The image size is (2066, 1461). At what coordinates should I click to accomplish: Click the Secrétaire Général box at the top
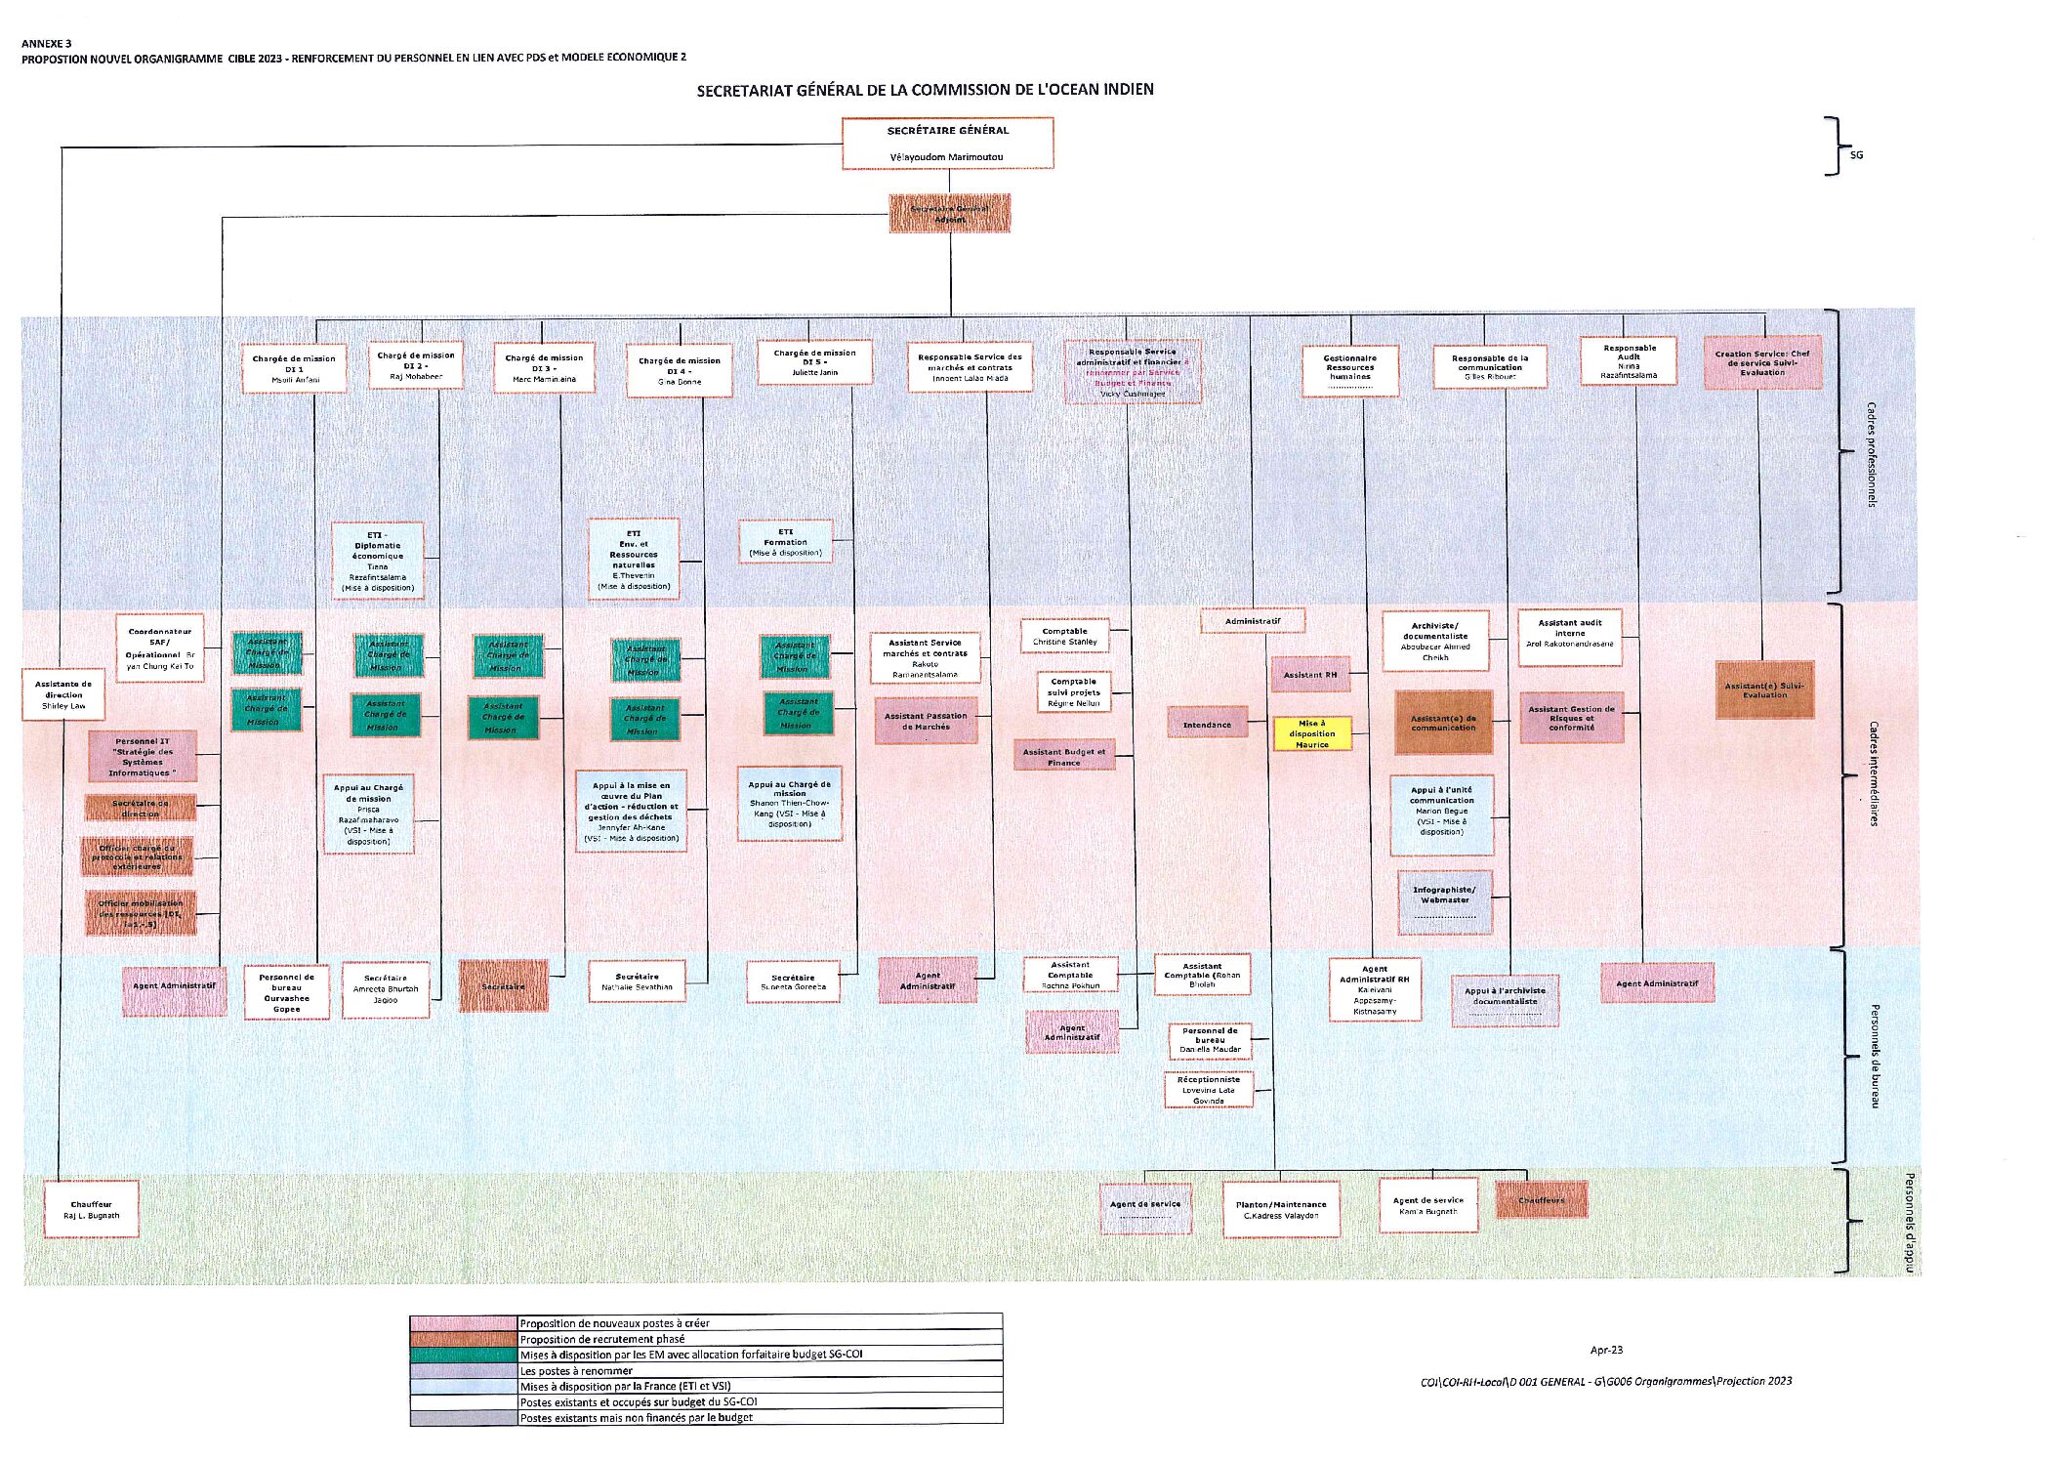coord(947,143)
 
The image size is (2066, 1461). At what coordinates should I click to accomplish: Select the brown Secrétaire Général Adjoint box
coord(949,213)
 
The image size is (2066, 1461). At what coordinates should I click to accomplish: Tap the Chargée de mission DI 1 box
coord(294,369)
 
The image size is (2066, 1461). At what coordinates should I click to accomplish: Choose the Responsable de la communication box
coord(1490,367)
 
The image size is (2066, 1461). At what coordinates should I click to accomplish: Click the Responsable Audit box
coord(1629,361)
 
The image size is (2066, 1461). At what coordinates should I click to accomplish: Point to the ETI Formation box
coord(785,542)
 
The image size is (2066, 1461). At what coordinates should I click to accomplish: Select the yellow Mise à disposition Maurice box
coord(1312,733)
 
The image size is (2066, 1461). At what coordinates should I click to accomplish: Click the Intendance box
coord(1208,724)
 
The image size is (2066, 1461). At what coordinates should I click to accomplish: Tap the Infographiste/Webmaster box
coord(1445,900)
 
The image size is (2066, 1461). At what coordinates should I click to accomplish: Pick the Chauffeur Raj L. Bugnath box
coord(92,1210)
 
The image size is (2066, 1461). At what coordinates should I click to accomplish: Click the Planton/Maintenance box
coord(1281,1210)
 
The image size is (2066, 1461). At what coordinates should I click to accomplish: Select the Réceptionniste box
coord(1208,1090)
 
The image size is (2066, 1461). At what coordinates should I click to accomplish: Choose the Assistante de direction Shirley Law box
coord(63,694)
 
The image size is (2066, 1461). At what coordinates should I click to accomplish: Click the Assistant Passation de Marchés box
coord(926,721)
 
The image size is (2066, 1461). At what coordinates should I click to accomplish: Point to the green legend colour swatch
coord(463,1355)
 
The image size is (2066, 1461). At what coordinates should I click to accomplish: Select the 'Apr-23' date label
coord(1606,1350)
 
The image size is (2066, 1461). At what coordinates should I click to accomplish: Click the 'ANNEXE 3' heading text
coord(47,44)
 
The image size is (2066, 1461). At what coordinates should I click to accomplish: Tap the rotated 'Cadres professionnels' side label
coord(1871,454)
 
